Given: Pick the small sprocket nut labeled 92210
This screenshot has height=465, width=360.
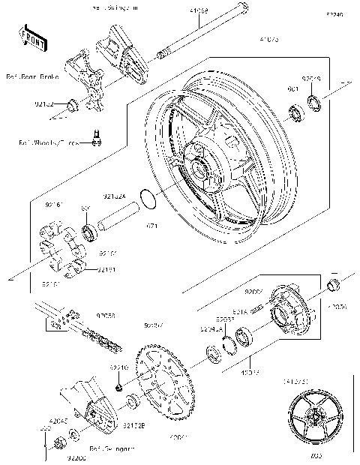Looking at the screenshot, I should (118, 387).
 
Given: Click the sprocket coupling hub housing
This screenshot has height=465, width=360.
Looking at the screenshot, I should (288, 307).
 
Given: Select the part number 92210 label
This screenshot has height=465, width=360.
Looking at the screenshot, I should (119, 367).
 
